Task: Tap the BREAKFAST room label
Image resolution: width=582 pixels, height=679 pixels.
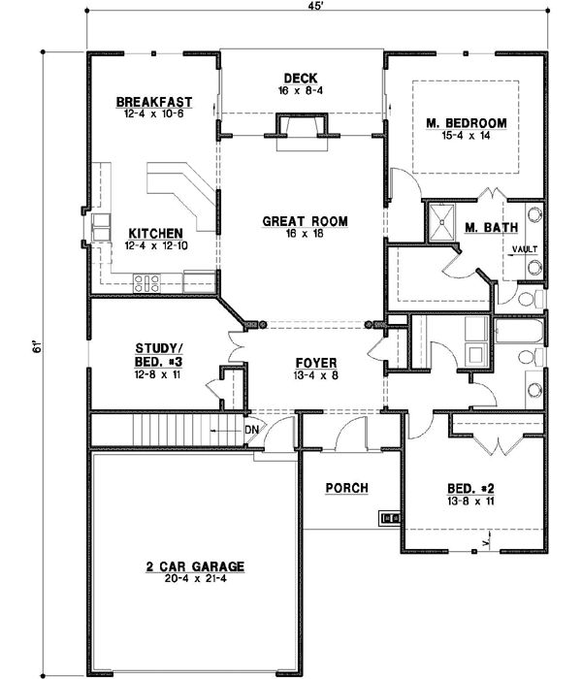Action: (153, 102)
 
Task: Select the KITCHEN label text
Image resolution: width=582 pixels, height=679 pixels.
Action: (153, 233)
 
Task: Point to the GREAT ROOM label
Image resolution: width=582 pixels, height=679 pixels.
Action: (305, 221)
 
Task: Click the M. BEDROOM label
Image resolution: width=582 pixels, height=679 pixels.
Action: (468, 123)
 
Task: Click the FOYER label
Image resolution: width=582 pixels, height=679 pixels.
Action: (317, 363)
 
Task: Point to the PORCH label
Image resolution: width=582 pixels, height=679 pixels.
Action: (346, 488)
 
